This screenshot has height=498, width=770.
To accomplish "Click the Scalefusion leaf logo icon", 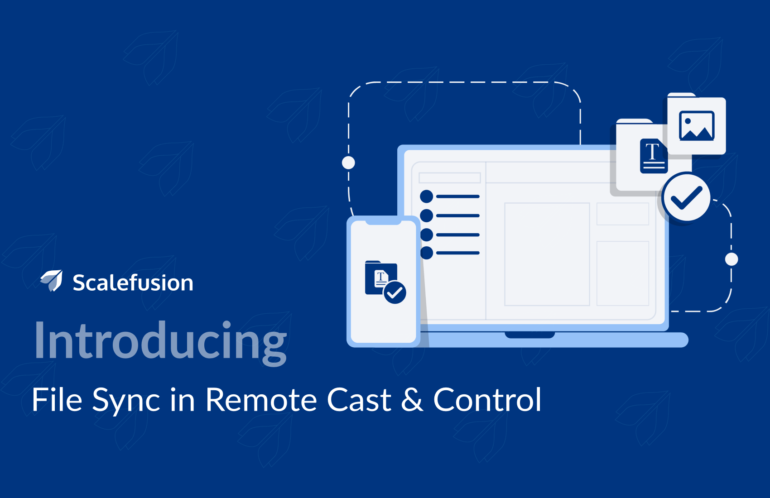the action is pos(52,280).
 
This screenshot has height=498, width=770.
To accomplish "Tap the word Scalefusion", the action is pos(133,283).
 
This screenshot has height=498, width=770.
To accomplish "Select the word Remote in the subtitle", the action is pos(261,400).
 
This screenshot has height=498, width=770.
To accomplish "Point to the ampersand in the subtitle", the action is pos(412,400).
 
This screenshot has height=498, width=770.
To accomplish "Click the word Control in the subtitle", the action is pos(487,400).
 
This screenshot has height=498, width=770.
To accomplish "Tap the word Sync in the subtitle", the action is pos(126,402).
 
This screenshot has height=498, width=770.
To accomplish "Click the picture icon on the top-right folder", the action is pos(697,126).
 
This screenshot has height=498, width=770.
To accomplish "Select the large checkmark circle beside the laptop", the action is pos(687,198).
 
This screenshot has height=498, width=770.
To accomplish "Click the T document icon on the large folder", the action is pos(654,156).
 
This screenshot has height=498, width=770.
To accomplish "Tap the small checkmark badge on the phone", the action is pos(395,292).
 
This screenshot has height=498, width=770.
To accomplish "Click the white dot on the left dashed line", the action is pos(348,163).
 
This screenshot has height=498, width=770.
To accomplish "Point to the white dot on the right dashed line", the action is pos(731,259).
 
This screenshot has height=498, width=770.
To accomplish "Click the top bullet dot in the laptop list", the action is pos(427,196).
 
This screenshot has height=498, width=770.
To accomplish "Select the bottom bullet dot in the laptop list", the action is pos(427,253).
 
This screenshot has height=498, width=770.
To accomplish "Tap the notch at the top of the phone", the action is pos(383,222).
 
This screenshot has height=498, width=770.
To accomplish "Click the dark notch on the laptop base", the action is pos(530,335).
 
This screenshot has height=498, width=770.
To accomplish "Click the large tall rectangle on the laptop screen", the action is pos(547,254).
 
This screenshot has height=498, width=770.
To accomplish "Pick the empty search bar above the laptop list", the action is pos(450,177).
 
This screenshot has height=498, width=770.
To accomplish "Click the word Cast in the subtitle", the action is pos(359,400).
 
